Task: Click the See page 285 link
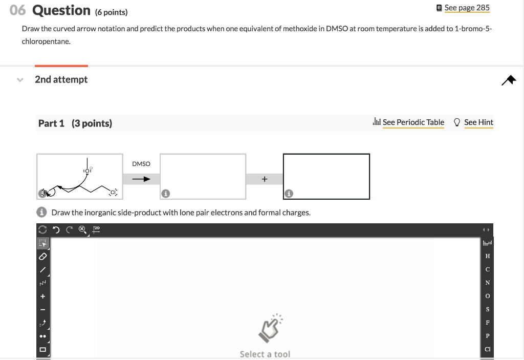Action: click(x=467, y=8)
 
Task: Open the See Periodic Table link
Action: click(x=413, y=122)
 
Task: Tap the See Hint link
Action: click(x=478, y=122)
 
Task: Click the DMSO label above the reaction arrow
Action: click(x=141, y=164)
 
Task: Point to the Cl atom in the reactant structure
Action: click(x=113, y=192)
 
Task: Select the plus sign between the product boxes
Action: click(x=264, y=179)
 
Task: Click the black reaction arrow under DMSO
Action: click(x=141, y=179)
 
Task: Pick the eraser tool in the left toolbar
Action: click(x=43, y=256)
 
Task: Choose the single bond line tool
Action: click(x=43, y=269)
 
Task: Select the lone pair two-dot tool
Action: click(x=43, y=336)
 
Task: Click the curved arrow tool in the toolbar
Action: click(x=43, y=323)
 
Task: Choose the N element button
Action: click(x=488, y=283)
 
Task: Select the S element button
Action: click(x=488, y=309)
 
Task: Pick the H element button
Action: click(x=488, y=256)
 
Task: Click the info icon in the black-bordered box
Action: click(x=289, y=194)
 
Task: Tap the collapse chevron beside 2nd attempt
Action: click(x=20, y=80)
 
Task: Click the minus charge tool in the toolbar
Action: click(x=43, y=310)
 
